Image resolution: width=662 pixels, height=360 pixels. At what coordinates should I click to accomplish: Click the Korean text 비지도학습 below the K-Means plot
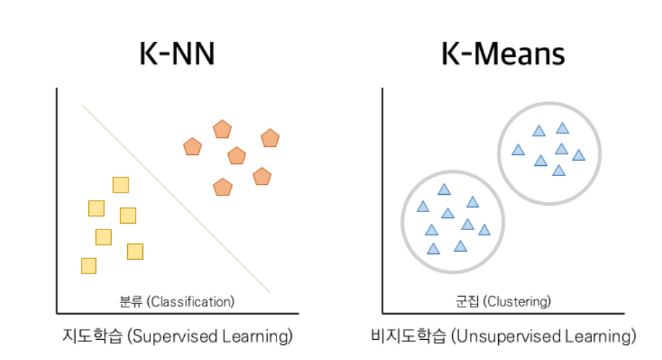pyautogui.click(x=404, y=336)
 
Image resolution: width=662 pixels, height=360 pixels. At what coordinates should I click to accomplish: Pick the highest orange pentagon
pyautogui.click(x=222, y=130)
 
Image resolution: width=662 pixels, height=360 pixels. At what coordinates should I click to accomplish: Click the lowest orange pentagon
pyautogui.click(x=223, y=188)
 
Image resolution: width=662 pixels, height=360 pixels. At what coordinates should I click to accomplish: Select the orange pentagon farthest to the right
pyautogui.click(x=270, y=138)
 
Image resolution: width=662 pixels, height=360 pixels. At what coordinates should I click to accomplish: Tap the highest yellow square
pyautogui.click(x=121, y=185)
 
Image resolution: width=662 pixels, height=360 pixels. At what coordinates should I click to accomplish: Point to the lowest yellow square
pyautogui.click(x=88, y=265)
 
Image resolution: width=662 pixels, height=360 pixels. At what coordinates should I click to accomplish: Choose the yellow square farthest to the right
pyautogui.click(x=135, y=251)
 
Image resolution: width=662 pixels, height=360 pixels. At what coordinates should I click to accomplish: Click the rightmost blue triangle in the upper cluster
pyautogui.click(x=578, y=155)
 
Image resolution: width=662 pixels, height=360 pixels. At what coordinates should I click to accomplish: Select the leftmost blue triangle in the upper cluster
pyautogui.click(x=518, y=150)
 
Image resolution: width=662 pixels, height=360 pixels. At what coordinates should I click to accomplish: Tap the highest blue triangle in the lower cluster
pyautogui.click(x=444, y=190)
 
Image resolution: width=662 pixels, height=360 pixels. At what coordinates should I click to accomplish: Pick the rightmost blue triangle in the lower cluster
pyautogui.click(x=484, y=230)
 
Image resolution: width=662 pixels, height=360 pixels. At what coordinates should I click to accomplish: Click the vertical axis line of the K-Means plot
pyautogui.click(x=383, y=202)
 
